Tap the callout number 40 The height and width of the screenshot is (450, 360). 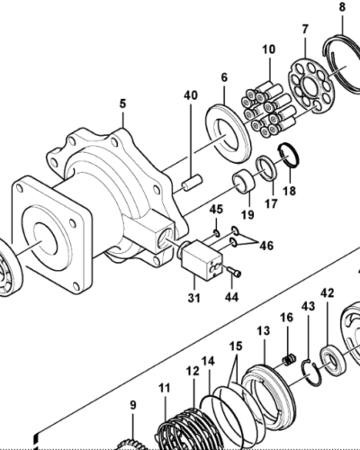[191, 94]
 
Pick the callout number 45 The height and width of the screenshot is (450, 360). [216, 211]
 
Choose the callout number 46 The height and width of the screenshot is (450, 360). [265, 245]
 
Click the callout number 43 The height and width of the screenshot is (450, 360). [308, 308]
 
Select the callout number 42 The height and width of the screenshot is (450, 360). [328, 293]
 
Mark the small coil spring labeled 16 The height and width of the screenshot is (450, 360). [290, 360]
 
